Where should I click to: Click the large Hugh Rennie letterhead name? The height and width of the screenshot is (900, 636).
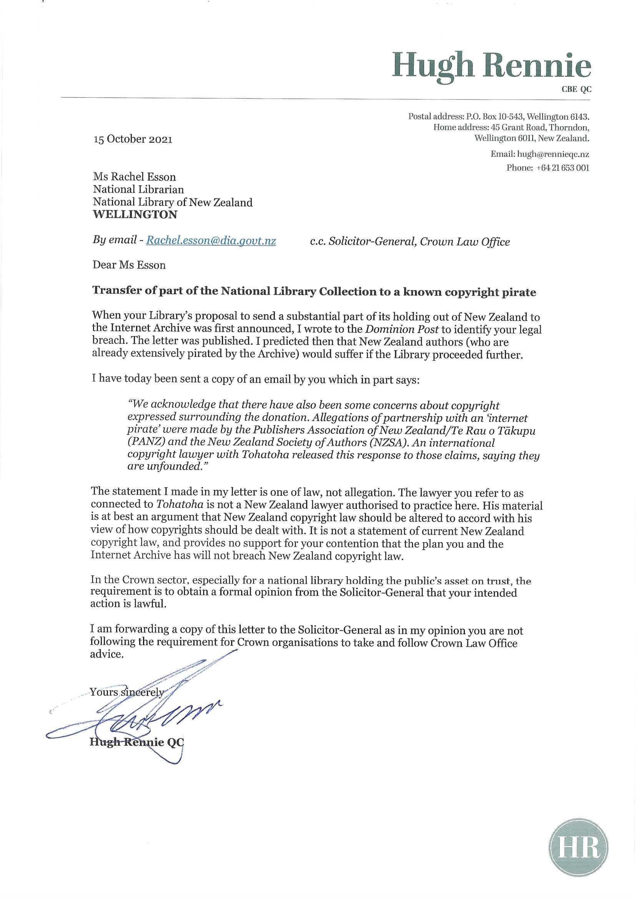tap(492, 66)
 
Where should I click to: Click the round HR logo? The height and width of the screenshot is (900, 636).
tap(579, 842)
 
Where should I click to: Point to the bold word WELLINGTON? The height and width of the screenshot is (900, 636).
tap(135, 215)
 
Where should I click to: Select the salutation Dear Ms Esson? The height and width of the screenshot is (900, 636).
tap(129, 265)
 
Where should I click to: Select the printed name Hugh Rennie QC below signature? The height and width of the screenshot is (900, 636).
tap(137, 743)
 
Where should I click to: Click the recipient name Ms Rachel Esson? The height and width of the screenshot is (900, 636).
tap(134, 177)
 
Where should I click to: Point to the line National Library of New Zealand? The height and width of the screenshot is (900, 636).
tap(173, 202)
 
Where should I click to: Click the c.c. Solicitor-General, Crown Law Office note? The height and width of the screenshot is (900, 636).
tap(410, 242)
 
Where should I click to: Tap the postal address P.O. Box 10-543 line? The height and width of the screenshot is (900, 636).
tap(499, 116)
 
